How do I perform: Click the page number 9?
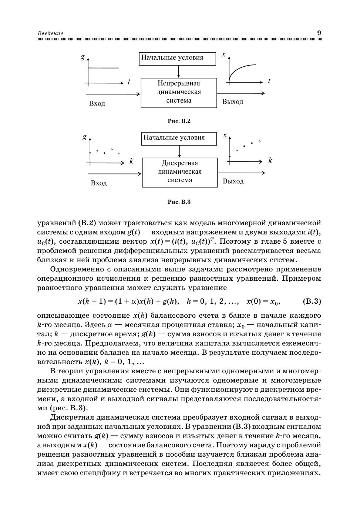pos(319,33)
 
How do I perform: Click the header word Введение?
pos(50,33)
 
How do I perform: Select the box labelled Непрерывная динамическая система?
pos(179,92)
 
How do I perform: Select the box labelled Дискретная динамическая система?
pos(180,172)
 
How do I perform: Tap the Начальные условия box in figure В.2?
pos(178,58)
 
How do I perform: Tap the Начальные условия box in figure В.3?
pos(179,138)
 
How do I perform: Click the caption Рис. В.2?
pos(179,121)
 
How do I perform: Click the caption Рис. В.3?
pos(179,202)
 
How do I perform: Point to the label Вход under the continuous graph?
pos(97,103)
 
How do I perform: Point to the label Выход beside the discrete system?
pos(233,181)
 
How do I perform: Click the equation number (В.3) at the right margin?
pos(312,301)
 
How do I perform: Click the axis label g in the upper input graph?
pos(83,57)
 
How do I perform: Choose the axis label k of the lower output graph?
pos(270,161)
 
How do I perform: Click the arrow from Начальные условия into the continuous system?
pos(178,71)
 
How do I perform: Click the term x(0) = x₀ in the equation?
pos(263,301)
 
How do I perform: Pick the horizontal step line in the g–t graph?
pos(104,68)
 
